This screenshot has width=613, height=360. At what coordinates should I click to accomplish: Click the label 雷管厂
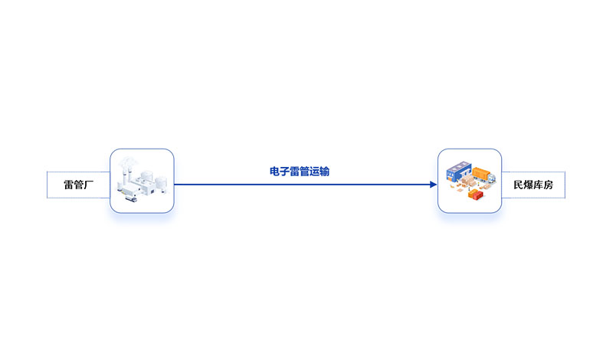point(79,185)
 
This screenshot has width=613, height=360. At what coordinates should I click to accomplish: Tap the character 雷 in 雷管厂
point(69,185)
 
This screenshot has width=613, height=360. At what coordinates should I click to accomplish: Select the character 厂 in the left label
point(89,185)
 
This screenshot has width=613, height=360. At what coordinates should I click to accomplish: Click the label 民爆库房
point(533,185)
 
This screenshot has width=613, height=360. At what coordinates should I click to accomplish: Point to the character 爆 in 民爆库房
point(528,185)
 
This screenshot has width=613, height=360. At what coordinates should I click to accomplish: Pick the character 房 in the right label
point(548,185)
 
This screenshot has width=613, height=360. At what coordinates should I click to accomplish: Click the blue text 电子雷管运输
point(300,172)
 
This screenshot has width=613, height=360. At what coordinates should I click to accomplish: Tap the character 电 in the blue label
point(275,172)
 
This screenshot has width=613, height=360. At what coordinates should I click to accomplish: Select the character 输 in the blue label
point(324,172)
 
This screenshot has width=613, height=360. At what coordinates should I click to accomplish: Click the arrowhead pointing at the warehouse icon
point(434,185)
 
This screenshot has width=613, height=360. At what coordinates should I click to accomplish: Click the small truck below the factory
point(131,199)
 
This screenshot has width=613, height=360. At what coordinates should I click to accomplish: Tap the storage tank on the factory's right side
point(161,184)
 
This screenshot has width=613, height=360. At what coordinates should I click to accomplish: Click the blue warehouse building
point(458,170)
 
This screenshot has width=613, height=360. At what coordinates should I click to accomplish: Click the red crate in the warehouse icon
point(476,195)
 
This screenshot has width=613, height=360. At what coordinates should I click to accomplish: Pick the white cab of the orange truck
point(492,178)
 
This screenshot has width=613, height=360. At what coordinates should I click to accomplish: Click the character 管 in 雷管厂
point(79,185)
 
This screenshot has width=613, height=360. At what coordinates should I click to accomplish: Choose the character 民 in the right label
point(519,185)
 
